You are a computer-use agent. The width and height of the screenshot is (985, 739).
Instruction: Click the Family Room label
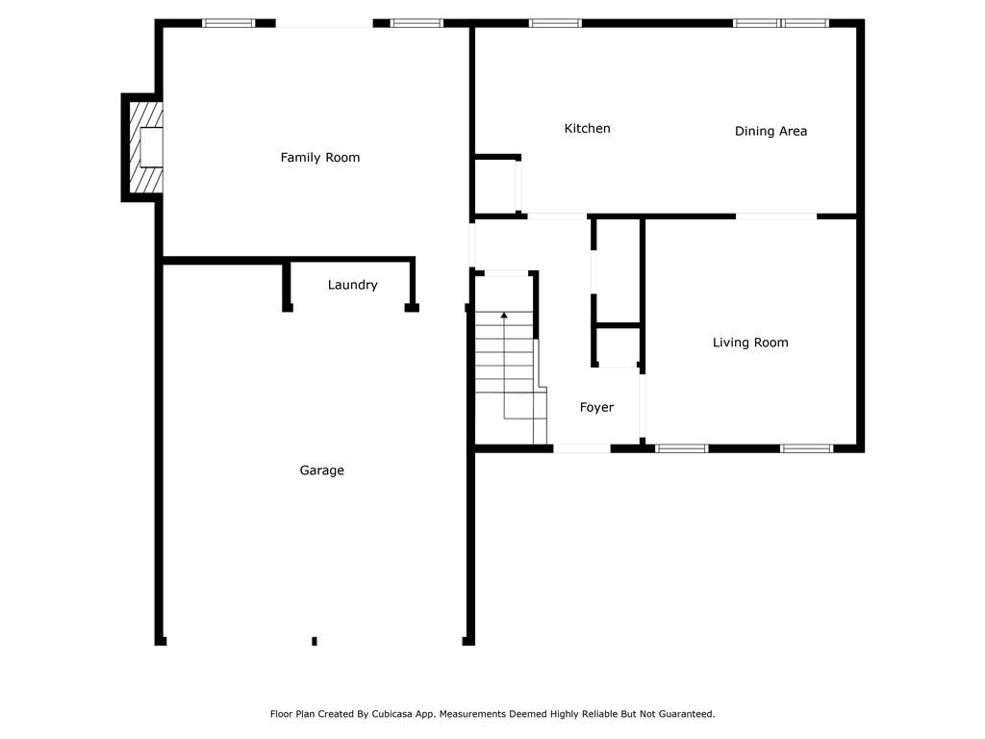(x=320, y=157)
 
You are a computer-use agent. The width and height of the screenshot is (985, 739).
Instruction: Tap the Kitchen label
(x=587, y=128)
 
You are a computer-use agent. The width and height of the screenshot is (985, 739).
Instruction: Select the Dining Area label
(x=770, y=131)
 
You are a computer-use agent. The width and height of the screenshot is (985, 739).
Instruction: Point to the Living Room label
(x=750, y=343)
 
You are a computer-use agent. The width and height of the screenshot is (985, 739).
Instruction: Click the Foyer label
(x=596, y=407)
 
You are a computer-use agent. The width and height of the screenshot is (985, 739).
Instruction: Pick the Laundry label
(x=352, y=285)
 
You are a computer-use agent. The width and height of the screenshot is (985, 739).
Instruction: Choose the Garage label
(x=321, y=471)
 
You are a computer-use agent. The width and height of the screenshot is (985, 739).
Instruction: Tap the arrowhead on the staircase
(x=504, y=316)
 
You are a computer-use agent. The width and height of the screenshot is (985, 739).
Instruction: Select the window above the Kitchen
(x=556, y=23)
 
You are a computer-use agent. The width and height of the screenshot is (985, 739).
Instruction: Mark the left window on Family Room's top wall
(x=228, y=23)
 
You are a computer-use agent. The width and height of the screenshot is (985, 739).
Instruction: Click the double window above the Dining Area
(x=781, y=23)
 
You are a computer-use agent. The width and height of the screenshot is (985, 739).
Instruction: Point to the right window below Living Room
(x=806, y=448)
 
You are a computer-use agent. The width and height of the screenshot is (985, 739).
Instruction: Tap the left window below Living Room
(x=682, y=448)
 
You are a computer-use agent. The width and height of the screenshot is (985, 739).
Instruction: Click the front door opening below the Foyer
(x=581, y=448)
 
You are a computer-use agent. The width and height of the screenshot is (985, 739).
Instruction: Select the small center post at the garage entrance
(x=315, y=641)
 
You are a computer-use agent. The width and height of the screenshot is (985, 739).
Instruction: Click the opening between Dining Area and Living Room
(x=776, y=217)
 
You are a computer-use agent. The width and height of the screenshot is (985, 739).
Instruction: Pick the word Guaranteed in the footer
(x=682, y=714)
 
